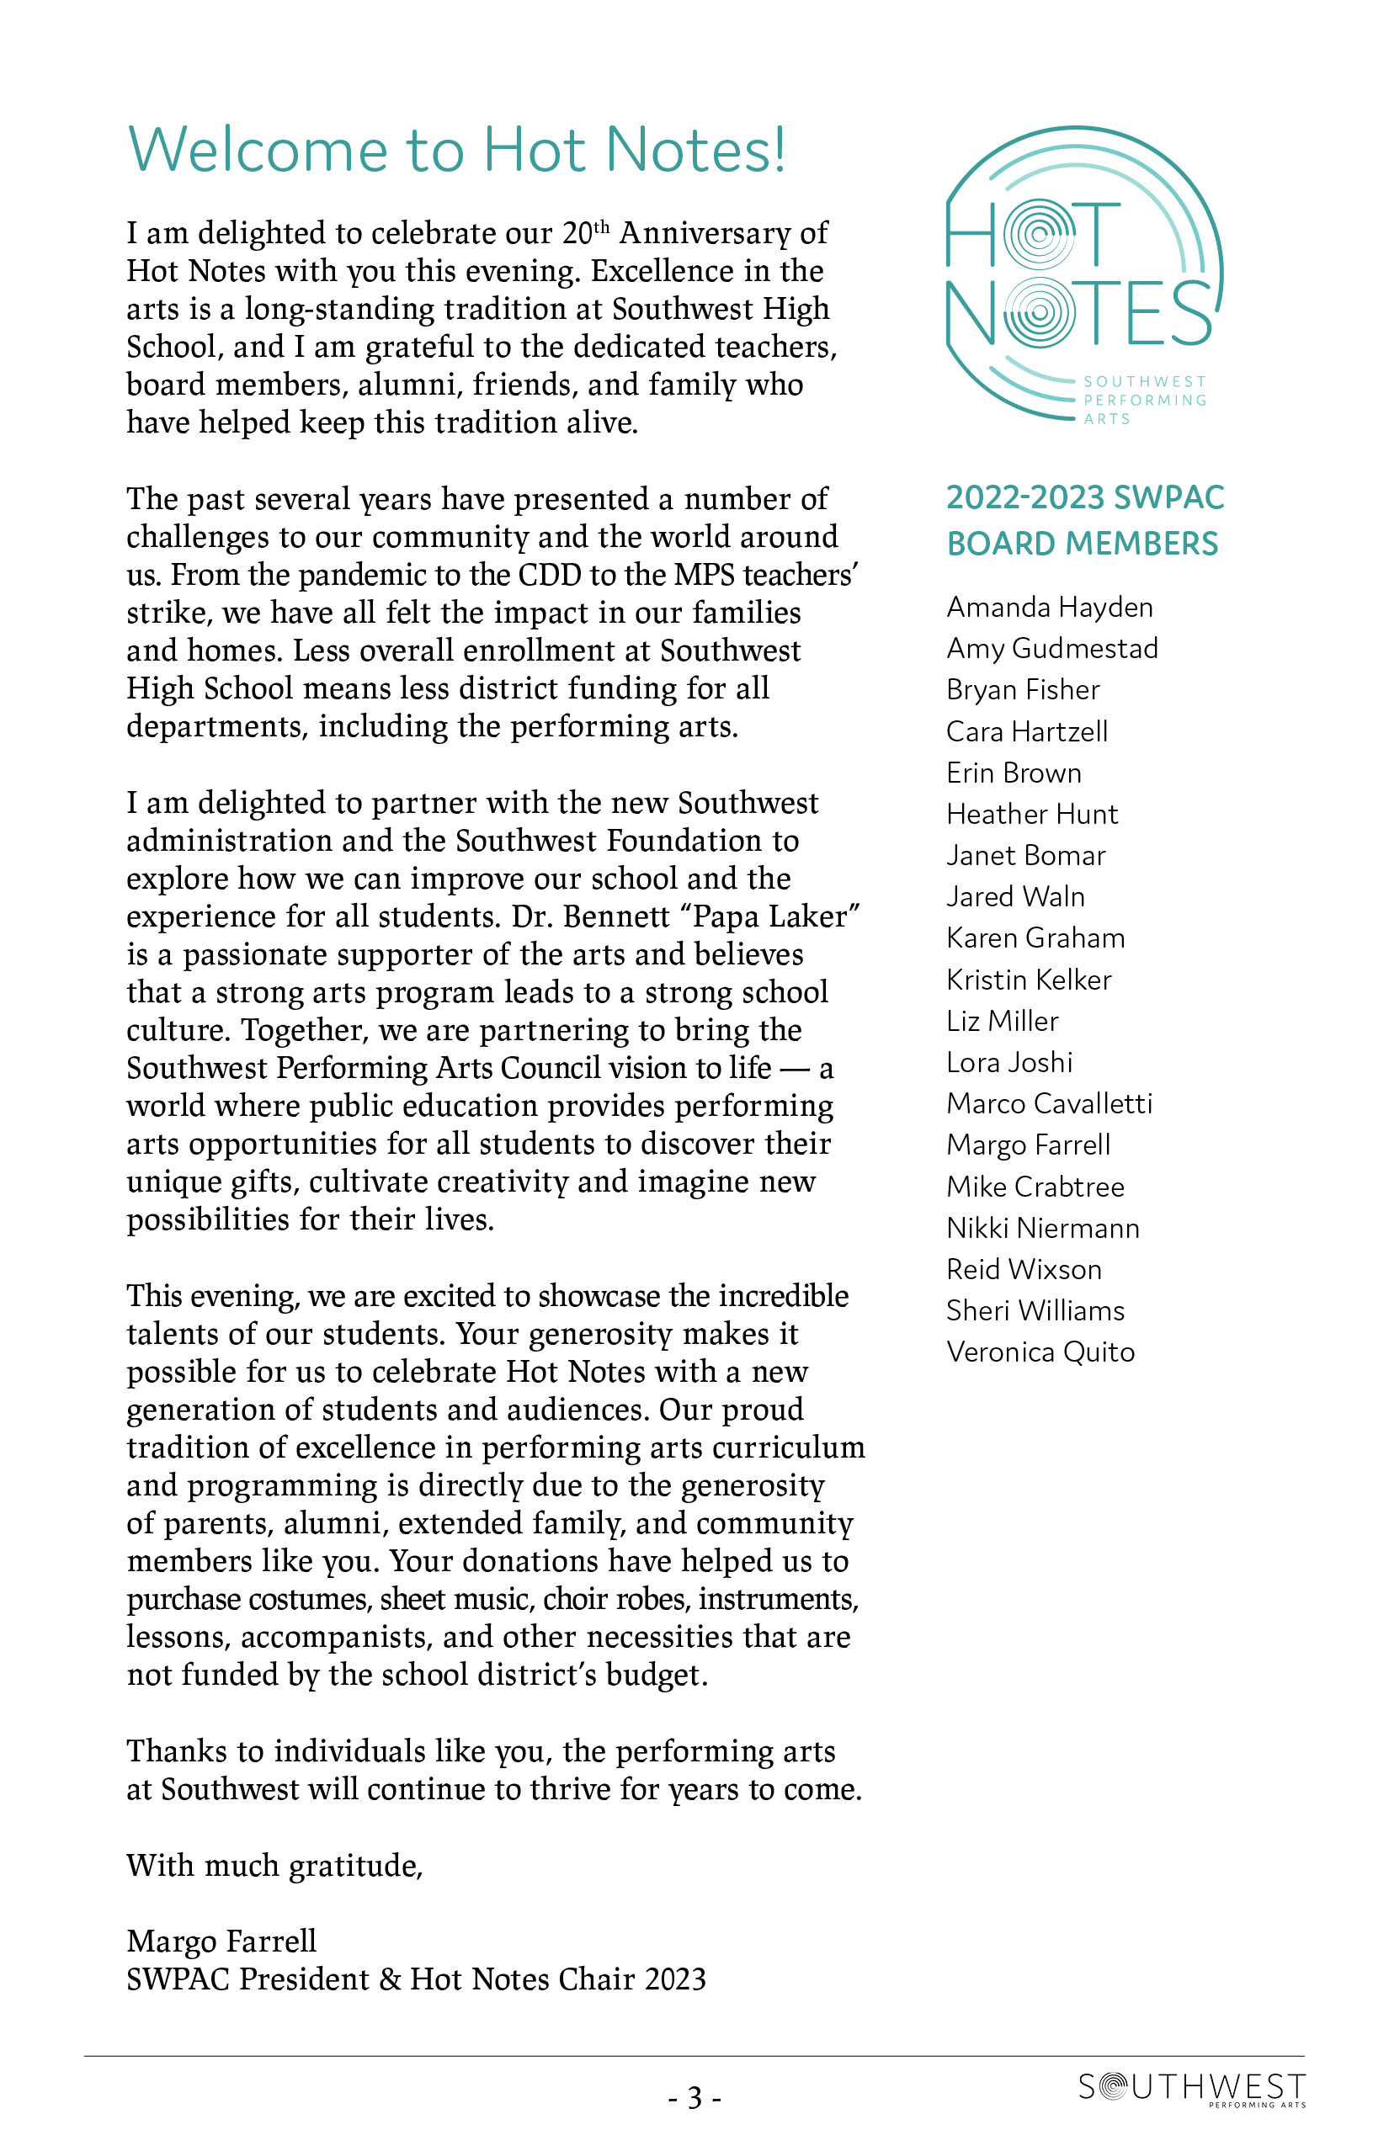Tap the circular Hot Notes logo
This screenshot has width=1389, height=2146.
click(x=1083, y=274)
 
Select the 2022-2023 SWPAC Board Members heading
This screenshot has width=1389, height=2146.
click(x=1084, y=520)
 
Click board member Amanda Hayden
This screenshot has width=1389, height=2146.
click(x=1049, y=607)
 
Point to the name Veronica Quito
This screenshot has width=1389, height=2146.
click(x=1040, y=1352)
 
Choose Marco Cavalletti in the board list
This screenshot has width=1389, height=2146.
click(x=1049, y=1102)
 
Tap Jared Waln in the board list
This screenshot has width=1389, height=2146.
click(x=1014, y=896)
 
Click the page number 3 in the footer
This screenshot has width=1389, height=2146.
click(x=694, y=2098)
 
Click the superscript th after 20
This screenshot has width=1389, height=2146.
click(x=601, y=226)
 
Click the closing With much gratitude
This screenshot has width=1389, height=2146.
click(x=274, y=1865)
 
